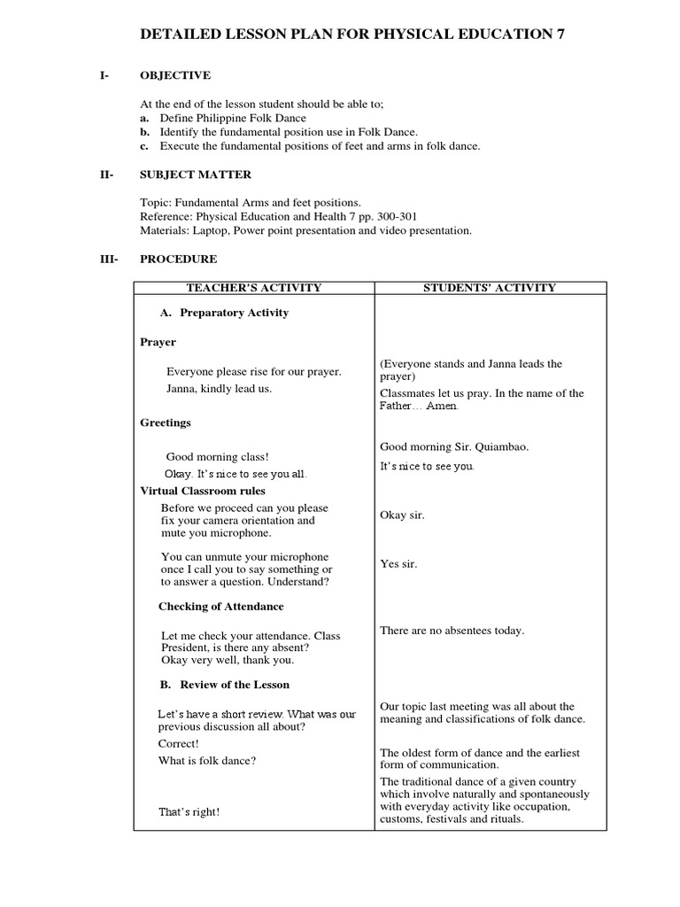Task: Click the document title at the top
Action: coord(352,35)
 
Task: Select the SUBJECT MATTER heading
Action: coord(196,174)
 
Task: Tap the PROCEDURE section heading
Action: coord(179,259)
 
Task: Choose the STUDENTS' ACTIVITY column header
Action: coord(491,287)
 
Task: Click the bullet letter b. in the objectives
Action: coord(144,132)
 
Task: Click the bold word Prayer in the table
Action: coord(158,342)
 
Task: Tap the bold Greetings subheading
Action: coord(166,422)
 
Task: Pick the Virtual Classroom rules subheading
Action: coord(203,491)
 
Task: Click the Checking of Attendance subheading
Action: coord(221,607)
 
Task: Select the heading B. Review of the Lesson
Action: coord(224,685)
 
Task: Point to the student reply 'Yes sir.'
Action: coord(398,563)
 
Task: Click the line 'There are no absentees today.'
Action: coord(452,631)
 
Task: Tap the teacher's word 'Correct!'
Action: coord(179,743)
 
